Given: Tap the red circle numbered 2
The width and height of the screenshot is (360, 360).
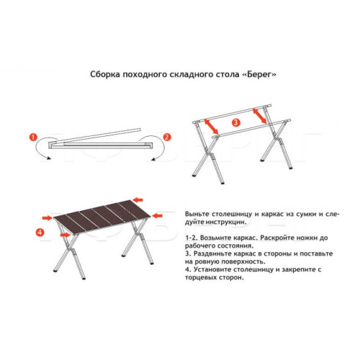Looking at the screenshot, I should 167,136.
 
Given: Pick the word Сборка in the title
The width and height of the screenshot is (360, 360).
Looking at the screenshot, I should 105,74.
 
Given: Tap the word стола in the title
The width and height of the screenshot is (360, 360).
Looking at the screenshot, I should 217,74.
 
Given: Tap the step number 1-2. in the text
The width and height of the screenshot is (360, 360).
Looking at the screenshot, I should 192,237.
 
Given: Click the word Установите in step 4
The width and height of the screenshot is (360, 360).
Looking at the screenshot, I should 215,270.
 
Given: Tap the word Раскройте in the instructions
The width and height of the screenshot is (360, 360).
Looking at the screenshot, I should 274,237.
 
